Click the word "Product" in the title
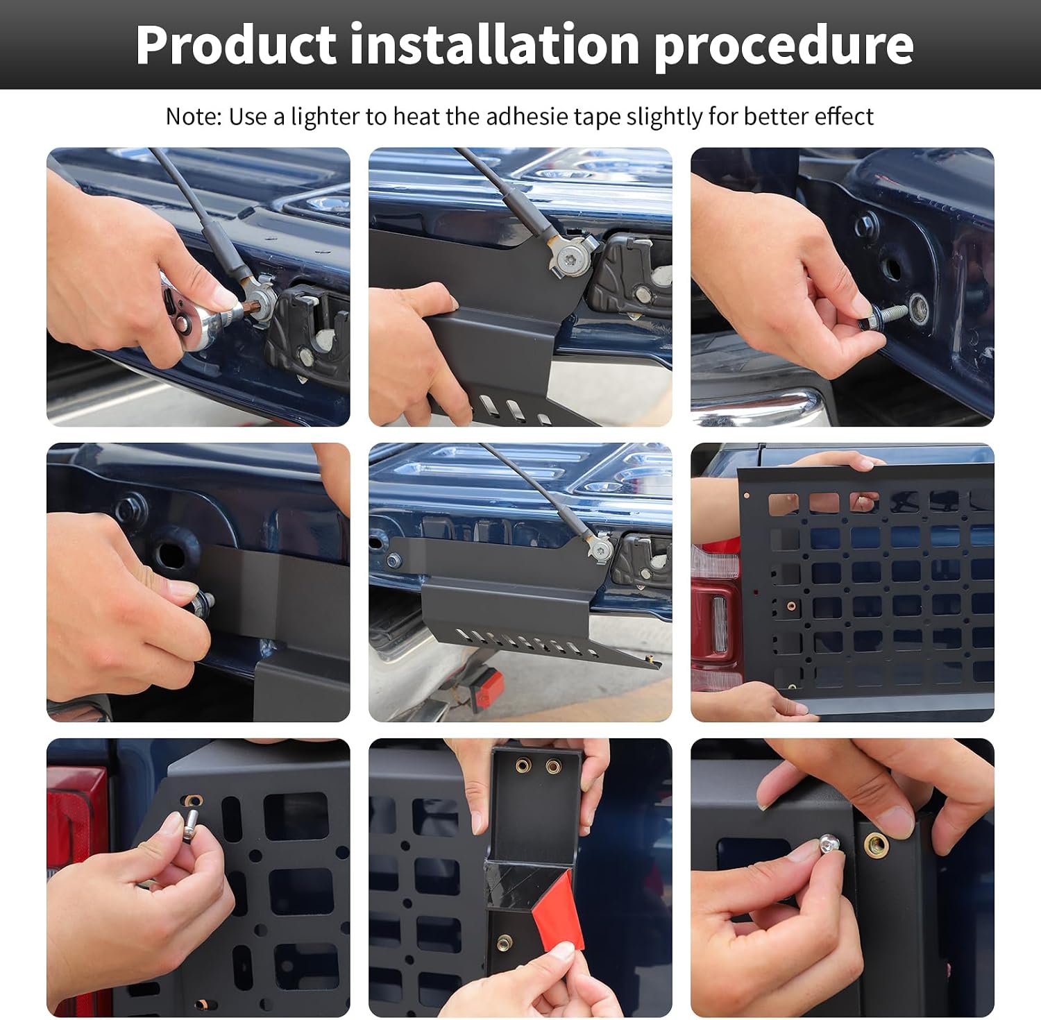(235, 45)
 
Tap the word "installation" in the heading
(495, 44)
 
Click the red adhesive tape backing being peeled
(558, 912)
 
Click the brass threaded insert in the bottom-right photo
(876, 844)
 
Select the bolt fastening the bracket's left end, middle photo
(394, 560)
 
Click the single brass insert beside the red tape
(505, 942)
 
